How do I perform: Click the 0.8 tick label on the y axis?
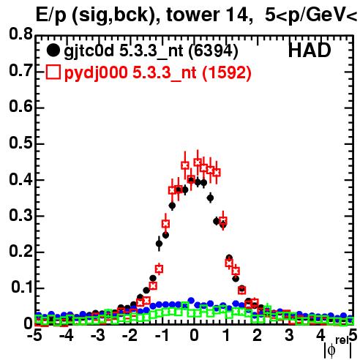(20, 34)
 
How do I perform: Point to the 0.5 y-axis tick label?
(20, 143)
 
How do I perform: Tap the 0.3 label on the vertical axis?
(20, 215)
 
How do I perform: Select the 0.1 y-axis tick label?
(21, 287)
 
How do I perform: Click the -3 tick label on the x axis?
(97, 335)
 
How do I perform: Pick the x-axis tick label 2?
(257, 335)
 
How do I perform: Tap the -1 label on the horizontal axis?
(162, 335)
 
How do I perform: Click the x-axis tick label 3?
(289, 335)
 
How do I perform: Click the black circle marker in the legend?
(53, 50)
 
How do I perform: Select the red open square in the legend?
(53, 72)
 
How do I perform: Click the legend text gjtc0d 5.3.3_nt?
(124, 52)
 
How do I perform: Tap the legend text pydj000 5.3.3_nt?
(130, 73)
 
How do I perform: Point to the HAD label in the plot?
(310, 50)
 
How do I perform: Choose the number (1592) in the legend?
(227, 73)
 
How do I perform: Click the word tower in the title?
(193, 15)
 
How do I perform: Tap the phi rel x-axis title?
(338, 348)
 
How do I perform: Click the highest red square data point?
(198, 162)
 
